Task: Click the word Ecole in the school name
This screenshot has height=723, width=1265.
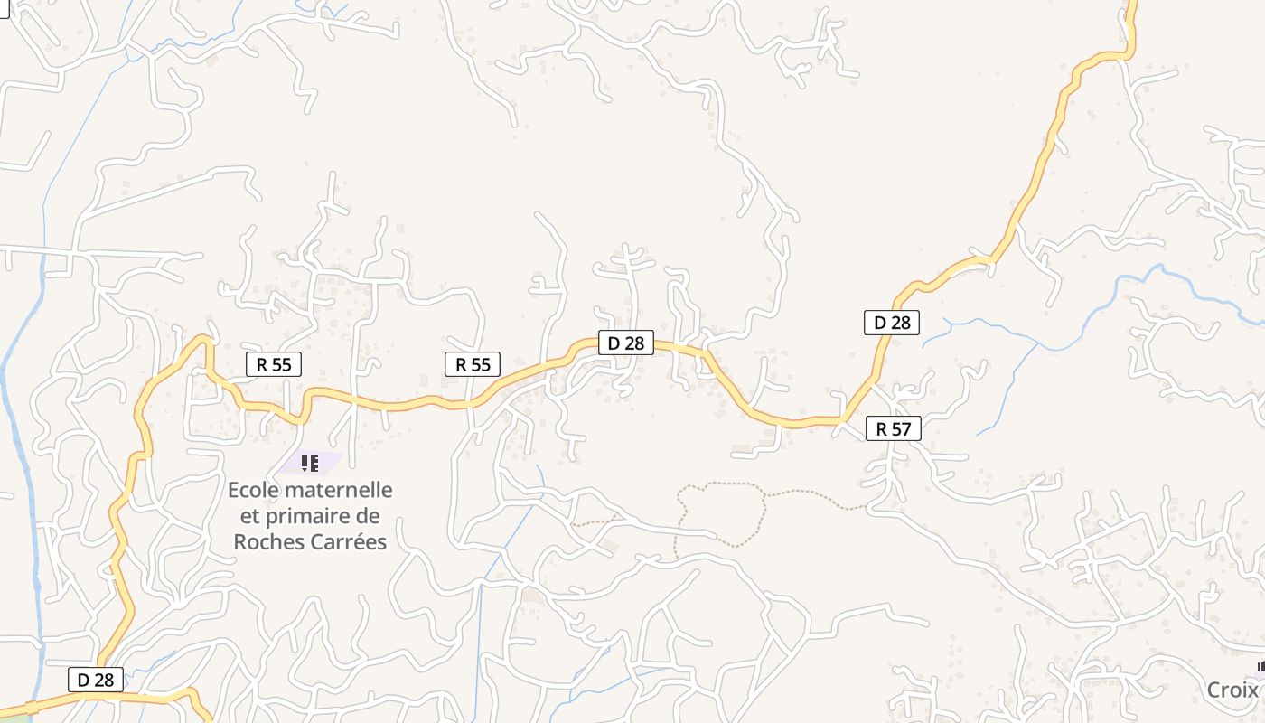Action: coord(256,491)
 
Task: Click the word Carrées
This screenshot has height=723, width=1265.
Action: coord(348,542)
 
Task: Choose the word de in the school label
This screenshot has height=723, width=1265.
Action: coord(369,517)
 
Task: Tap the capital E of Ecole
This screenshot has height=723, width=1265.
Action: coord(234,491)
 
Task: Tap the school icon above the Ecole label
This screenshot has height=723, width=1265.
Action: coord(310,464)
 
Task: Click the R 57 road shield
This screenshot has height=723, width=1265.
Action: coord(893,428)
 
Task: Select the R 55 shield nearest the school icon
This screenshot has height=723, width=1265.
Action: coord(274,364)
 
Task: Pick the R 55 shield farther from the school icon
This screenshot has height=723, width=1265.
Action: coord(473,364)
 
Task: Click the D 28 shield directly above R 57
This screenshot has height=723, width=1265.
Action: coord(892,322)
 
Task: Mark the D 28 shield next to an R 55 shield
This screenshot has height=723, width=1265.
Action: coord(625,343)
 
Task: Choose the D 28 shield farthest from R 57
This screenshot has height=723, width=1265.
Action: coord(96,680)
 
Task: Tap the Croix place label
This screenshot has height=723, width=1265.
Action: coord(1232,690)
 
